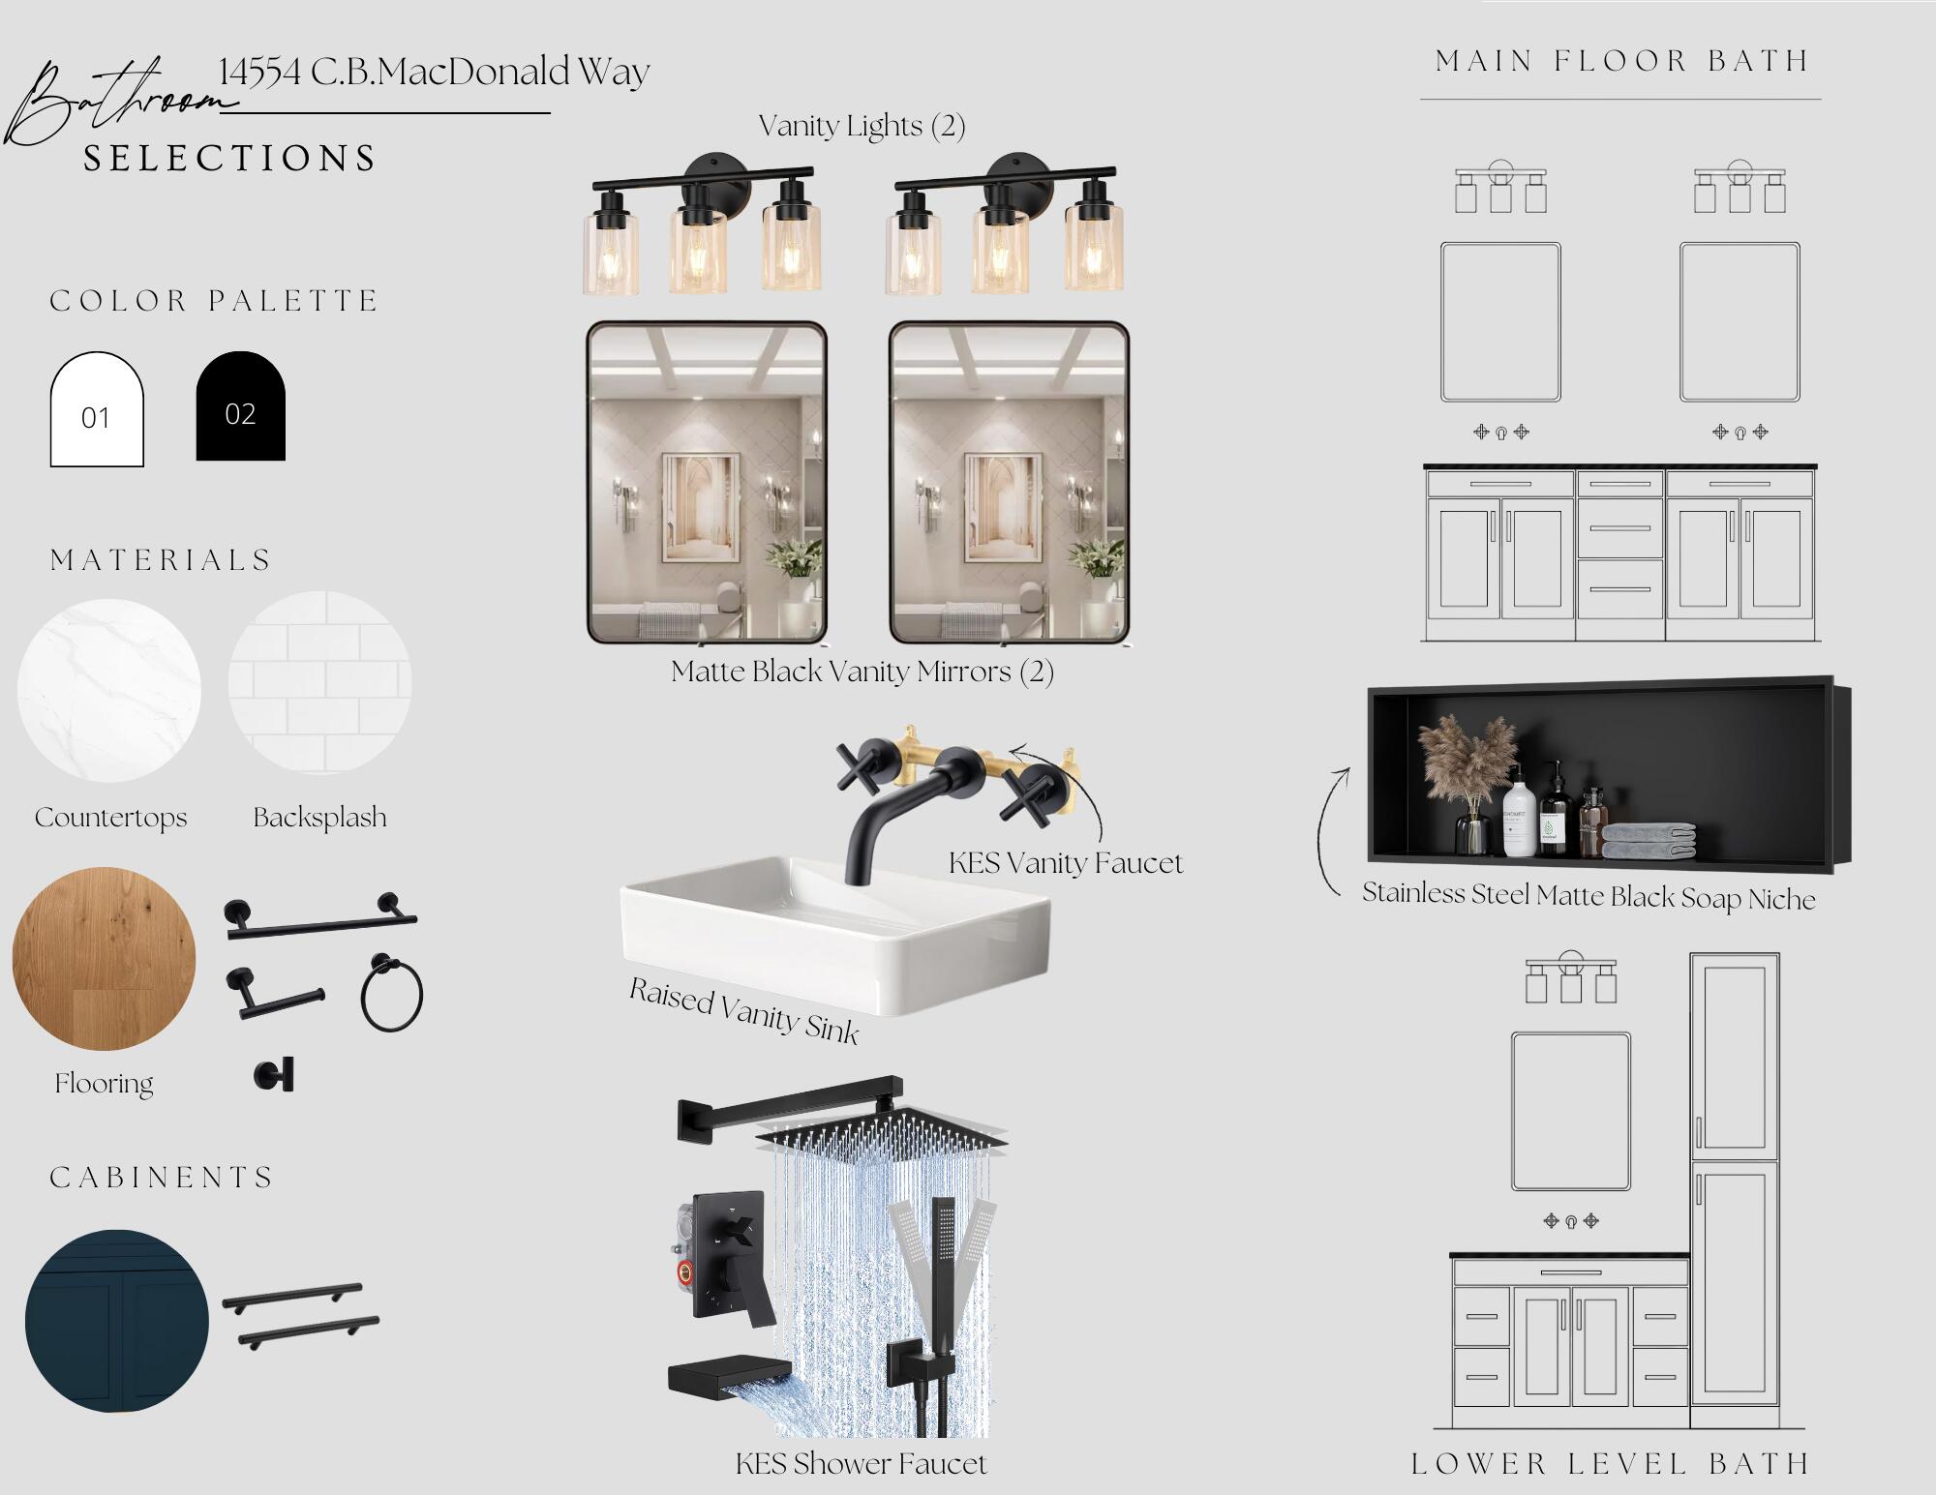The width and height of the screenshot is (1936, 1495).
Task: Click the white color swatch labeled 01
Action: (x=97, y=409)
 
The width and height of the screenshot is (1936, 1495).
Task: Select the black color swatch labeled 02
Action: (x=241, y=405)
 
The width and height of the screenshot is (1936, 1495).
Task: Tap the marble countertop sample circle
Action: (x=108, y=691)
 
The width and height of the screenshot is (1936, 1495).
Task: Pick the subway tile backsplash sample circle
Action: (x=319, y=683)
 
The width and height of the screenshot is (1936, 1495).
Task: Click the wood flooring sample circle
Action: (x=104, y=959)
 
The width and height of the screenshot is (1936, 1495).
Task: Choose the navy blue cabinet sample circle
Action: (x=117, y=1321)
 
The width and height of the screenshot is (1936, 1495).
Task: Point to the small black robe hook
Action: (x=274, y=1075)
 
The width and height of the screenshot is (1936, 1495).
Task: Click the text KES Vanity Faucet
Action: (x=1066, y=863)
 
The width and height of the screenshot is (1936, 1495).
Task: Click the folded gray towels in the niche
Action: (x=1648, y=841)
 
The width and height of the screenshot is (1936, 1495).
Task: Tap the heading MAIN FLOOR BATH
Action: (x=1622, y=61)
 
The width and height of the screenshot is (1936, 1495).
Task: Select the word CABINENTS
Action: (x=162, y=1178)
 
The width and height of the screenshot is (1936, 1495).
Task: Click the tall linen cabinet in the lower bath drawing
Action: (x=1736, y=1190)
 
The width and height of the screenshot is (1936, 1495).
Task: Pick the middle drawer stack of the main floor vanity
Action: (x=1620, y=553)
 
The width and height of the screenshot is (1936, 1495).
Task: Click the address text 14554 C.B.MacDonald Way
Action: (x=434, y=73)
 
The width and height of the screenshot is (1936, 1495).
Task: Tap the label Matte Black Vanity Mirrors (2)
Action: (x=862, y=672)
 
